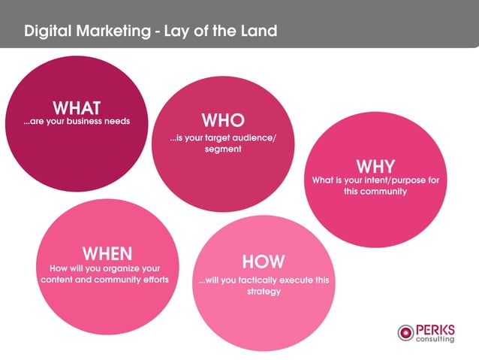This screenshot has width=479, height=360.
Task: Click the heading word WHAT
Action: [77, 107]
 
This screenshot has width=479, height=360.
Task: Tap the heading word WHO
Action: [222, 120]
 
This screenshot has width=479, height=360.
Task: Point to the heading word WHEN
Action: [107, 253]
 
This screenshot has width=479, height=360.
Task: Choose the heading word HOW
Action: [263, 262]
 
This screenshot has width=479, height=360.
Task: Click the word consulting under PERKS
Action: [435, 339]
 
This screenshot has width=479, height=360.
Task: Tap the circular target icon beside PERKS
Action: [405, 332]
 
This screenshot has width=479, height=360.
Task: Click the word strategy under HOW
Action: [263, 292]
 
